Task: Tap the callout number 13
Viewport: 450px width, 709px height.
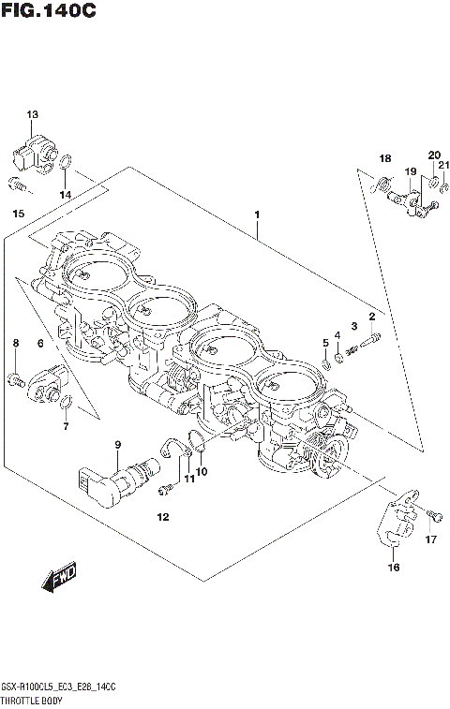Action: click(x=33, y=114)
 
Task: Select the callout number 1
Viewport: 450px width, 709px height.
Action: click(x=256, y=214)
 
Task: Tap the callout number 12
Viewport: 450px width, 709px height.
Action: click(x=162, y=517)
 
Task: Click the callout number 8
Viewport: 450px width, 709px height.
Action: click(x=15, y=345)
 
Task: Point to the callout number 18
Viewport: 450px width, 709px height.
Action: click(x=384, y=157)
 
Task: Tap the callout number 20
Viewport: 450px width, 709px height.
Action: click(x=434, y=155)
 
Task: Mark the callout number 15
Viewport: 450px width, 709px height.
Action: click(x=18, y=215)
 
